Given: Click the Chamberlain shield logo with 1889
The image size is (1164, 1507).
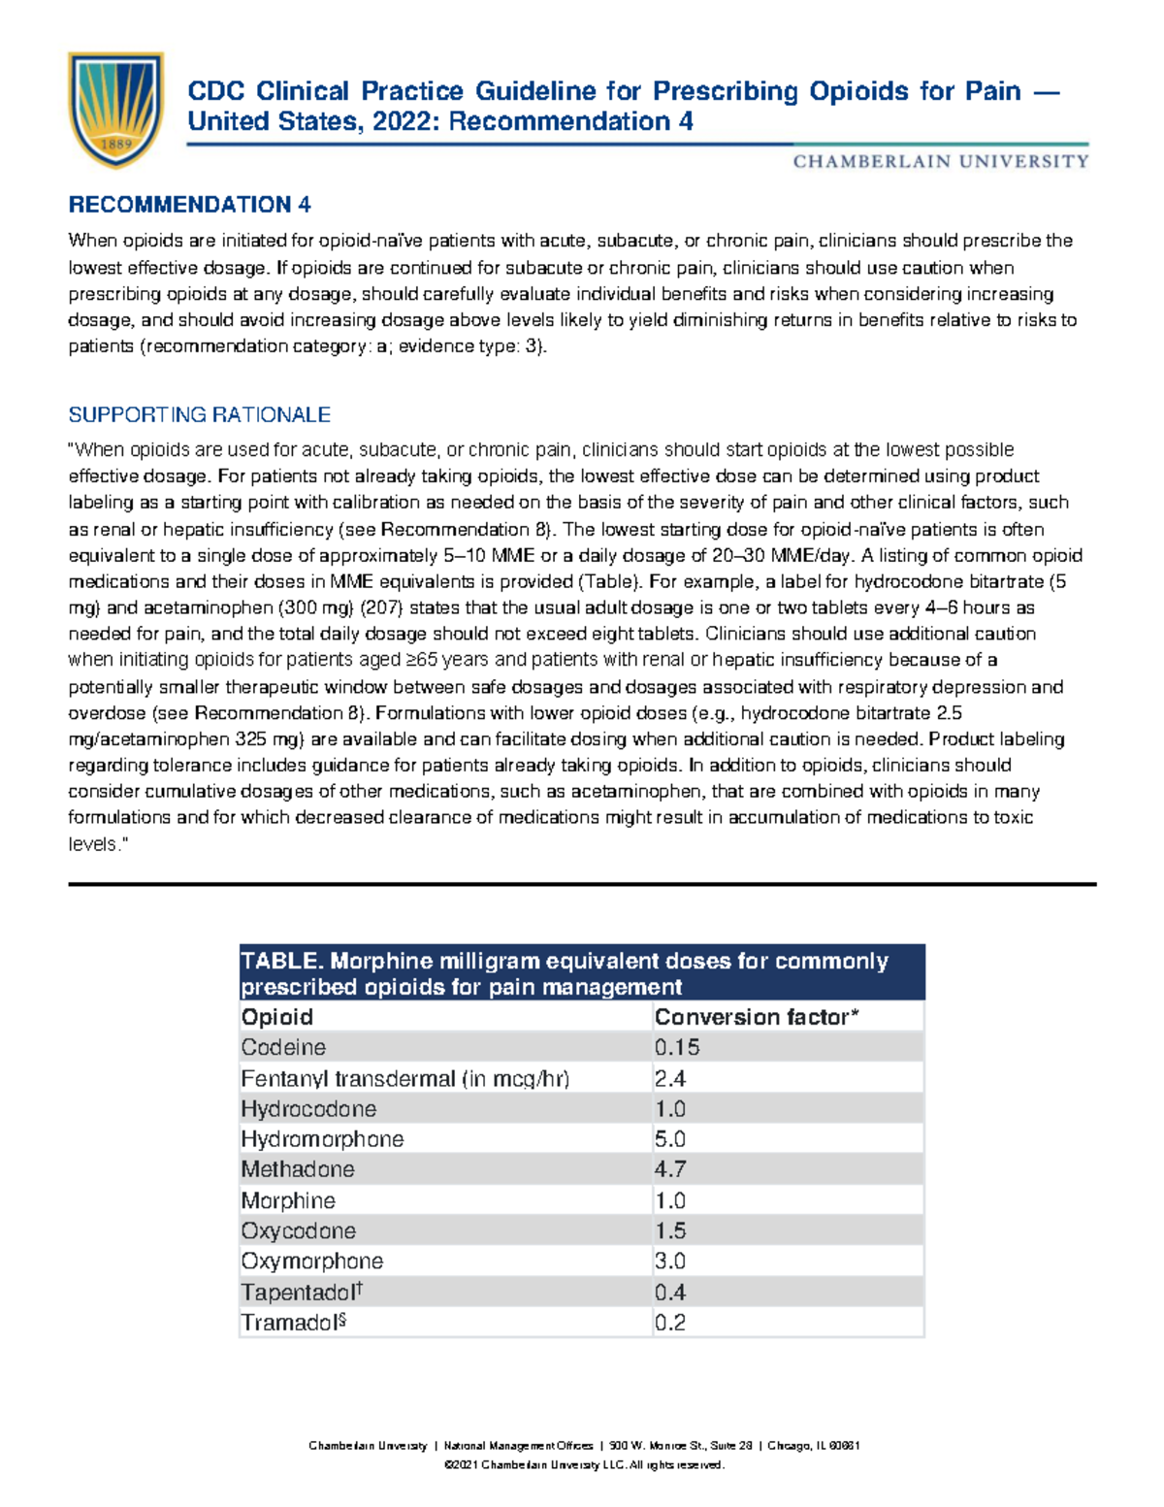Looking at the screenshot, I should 115,110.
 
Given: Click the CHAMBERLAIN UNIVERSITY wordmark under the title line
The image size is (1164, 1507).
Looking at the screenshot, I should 940,162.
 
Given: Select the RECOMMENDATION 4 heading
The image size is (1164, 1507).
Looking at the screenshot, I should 189,205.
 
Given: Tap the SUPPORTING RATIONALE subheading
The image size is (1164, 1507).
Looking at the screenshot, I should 199,415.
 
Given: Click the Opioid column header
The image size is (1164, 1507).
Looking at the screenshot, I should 277,1017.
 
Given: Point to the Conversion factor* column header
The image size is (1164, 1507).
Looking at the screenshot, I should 757,1017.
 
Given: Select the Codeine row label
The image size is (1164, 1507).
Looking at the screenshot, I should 283,1048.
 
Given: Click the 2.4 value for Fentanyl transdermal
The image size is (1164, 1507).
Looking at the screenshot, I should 670,1079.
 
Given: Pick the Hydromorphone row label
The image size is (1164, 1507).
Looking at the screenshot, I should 322,1139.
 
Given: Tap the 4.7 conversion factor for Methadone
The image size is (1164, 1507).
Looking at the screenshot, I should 670,1169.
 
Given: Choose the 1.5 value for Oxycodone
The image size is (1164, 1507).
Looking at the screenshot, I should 670,1230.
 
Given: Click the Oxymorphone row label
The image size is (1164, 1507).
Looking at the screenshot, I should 311,1261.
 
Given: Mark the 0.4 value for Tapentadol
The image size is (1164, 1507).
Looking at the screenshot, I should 670,1293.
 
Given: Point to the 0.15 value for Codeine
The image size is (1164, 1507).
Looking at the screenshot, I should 677,1048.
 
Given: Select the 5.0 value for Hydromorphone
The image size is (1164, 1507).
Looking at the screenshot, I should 670,1139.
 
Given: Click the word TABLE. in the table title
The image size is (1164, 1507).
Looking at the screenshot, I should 281,961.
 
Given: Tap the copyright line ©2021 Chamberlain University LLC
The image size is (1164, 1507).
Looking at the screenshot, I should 583,1465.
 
